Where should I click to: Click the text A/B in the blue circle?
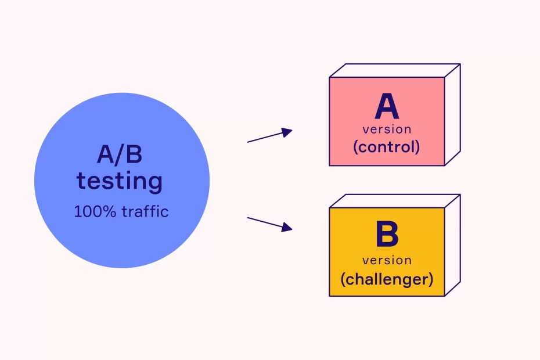coord(120,156)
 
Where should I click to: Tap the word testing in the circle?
coord(120,181)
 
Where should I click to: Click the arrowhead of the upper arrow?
coord(286,132)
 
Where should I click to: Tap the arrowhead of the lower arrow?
coord(286,228)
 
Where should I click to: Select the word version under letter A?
coord(387,129)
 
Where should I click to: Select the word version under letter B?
coord(387,260)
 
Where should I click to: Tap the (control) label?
coord(387,147)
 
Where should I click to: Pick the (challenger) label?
coord(387,279)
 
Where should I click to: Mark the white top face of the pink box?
coord(395,70)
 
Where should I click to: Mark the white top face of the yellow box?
coord(395,201)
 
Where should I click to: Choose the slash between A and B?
coord(120,156)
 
